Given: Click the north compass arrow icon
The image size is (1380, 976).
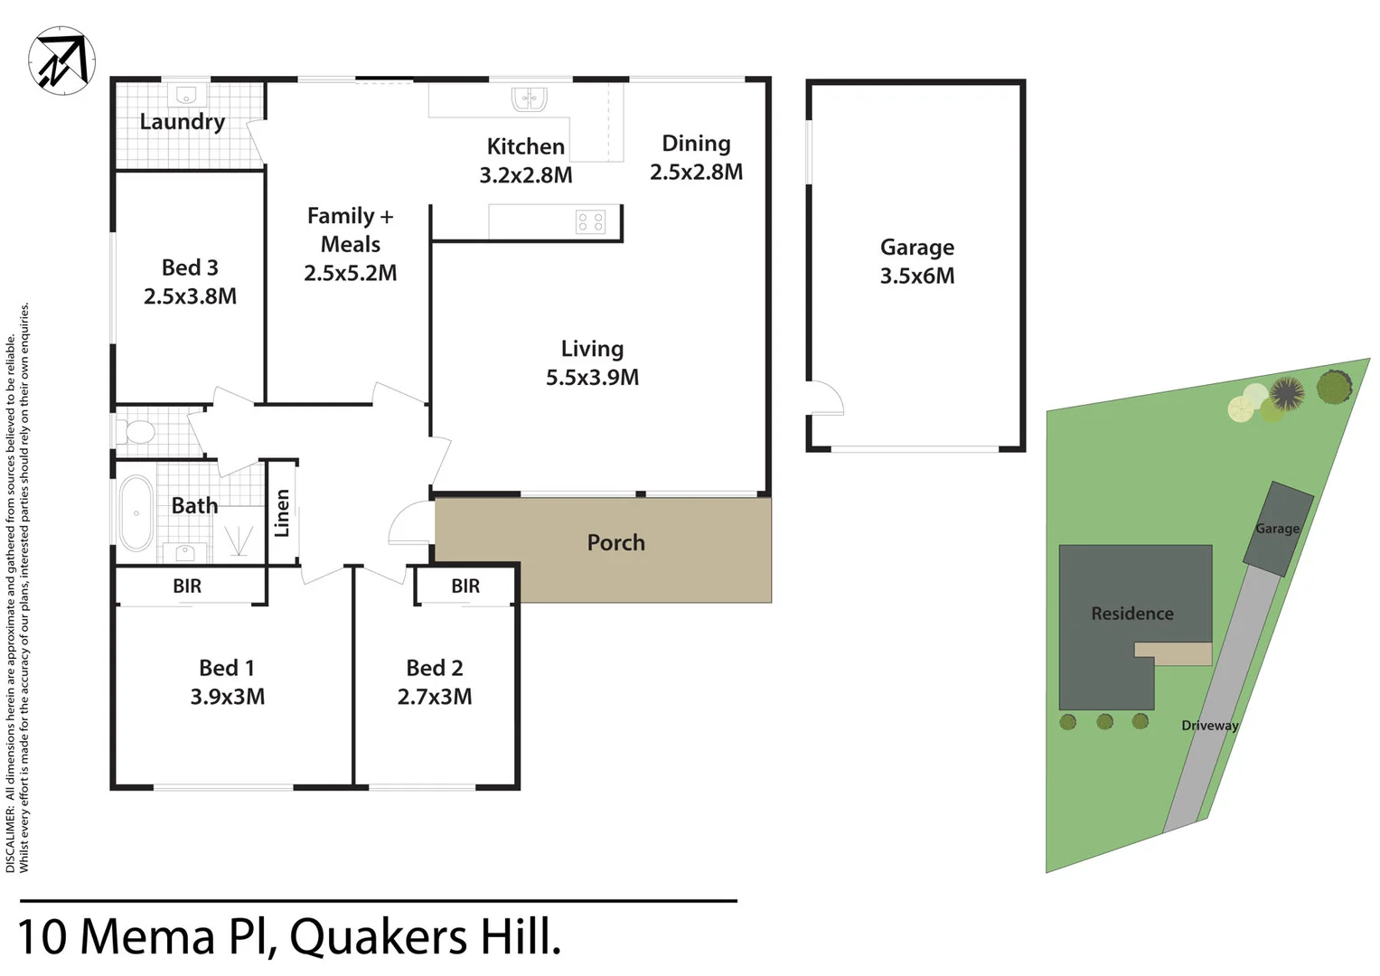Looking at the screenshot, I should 61,61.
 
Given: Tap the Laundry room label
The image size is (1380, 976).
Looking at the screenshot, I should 182,122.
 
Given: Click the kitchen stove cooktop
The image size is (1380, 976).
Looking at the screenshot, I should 590,221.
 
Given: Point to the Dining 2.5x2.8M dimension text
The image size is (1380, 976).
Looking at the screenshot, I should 696,172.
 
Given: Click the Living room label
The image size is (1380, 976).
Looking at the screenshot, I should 592,349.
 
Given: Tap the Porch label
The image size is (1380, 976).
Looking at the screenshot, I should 615,542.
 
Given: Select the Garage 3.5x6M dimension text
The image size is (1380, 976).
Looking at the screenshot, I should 916,276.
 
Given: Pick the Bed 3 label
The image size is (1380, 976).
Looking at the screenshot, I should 190,267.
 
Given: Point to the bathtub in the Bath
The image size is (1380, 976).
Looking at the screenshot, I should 136,512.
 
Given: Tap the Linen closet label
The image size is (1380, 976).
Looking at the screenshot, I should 282,512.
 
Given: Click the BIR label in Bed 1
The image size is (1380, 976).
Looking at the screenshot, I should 187,586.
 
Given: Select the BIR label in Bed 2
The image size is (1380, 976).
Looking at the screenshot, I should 465,586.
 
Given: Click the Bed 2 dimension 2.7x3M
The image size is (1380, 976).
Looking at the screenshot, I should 434,697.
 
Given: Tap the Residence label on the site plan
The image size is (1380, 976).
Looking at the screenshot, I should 1131,614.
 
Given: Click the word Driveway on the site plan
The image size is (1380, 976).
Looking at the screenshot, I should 1209,726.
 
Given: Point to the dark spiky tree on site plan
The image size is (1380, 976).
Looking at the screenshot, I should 1286,393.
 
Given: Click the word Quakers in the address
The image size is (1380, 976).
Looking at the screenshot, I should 379,937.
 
